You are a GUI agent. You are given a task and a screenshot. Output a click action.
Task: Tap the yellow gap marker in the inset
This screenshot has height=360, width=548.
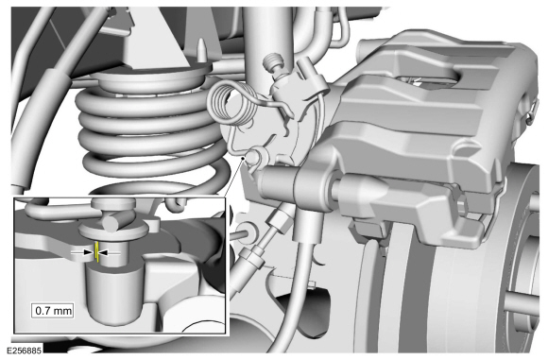pos(96,253)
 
